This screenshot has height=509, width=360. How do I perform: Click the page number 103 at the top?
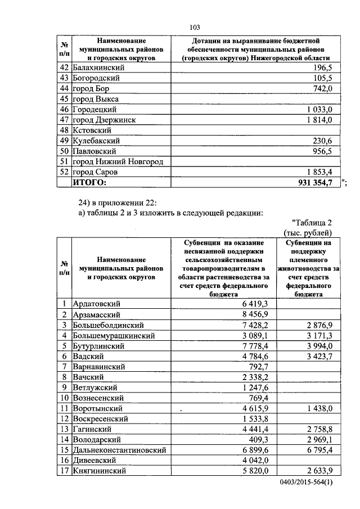point(195,28)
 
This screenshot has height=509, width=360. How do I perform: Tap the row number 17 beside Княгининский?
point(65,471)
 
